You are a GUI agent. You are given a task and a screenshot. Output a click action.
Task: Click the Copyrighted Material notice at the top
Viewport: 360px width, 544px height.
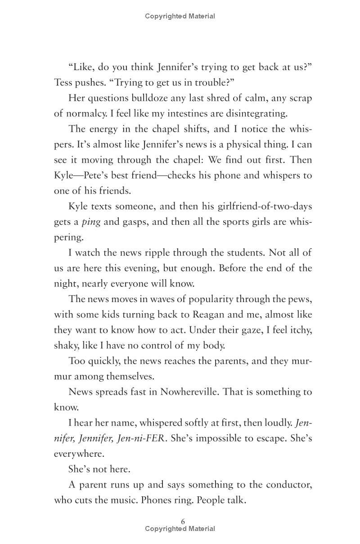[180, 16]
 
